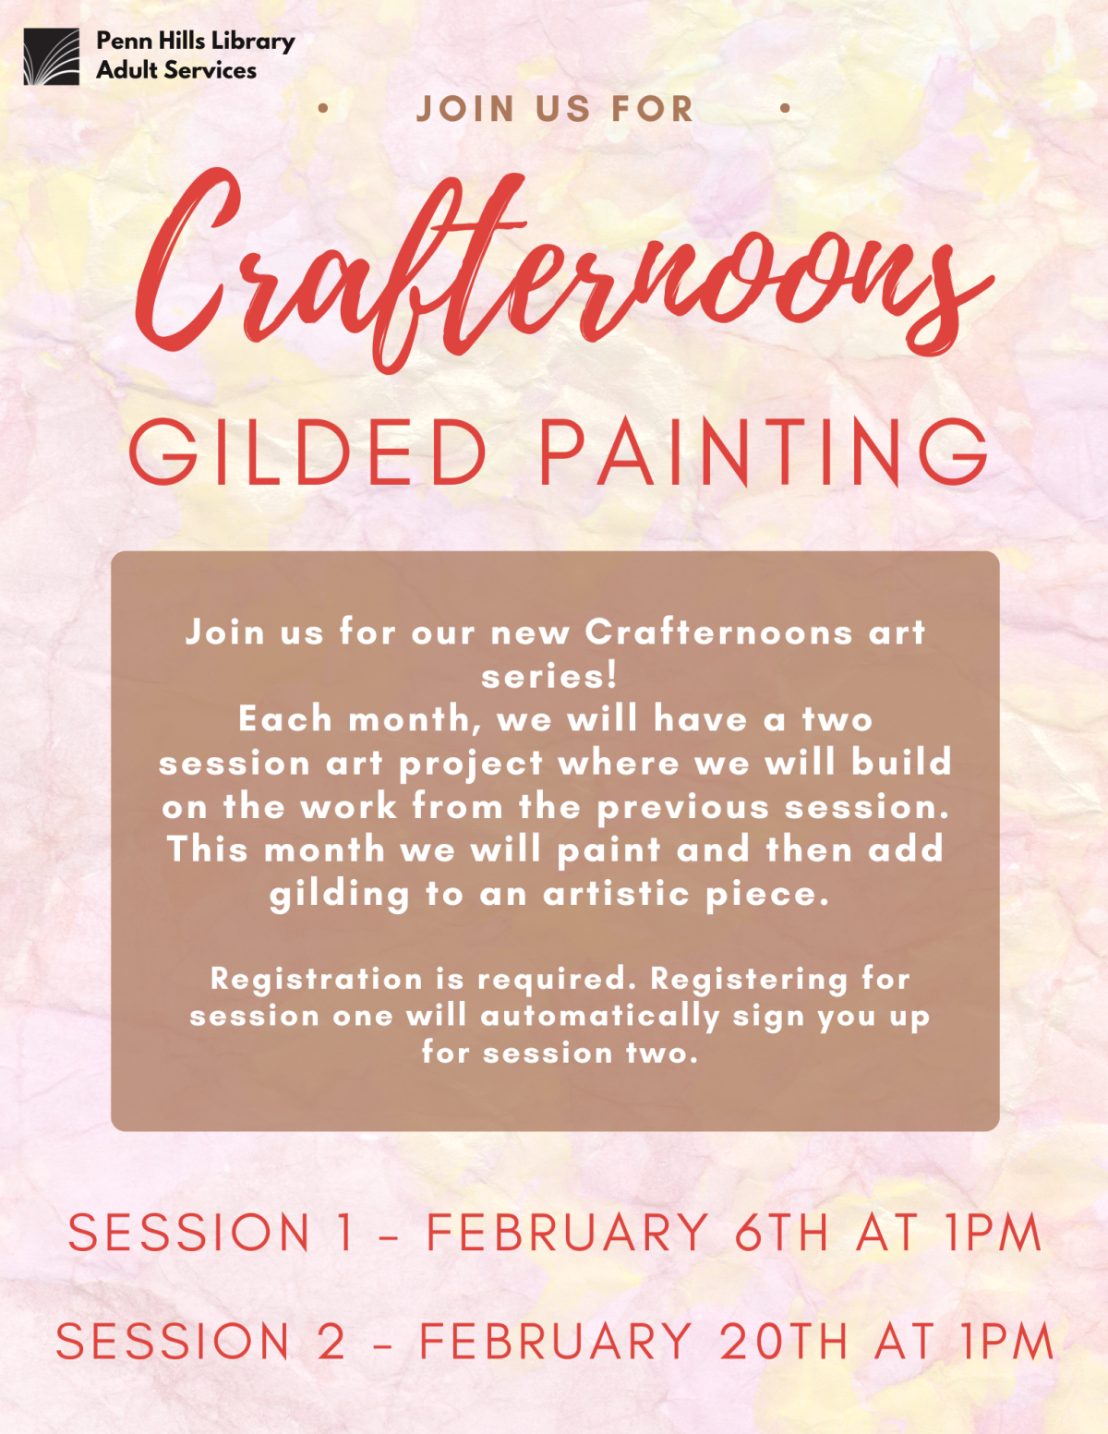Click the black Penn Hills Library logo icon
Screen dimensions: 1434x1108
(x=52, y=56)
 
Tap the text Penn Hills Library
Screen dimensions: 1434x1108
(x=195, y=41)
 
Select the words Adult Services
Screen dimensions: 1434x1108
(x=176, y=70)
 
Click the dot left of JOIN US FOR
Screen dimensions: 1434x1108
(x=322, y=109)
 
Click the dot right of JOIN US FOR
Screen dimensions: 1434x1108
(x=785, y=109)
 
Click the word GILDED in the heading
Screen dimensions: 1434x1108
(x=307, y=452)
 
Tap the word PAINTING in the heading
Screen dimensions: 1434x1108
(x=763, y=452)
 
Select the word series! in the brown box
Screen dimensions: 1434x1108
(x=549, y=676)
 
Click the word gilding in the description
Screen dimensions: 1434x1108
(x=339, y=894)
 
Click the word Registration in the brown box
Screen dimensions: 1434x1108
(x=317, y=979)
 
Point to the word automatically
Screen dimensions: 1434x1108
(x=600, y=1016)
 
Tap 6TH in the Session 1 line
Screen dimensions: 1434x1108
(x=782, y=1233)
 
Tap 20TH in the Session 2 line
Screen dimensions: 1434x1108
(x=783, y=1341)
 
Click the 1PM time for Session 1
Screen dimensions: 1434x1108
(x=994, y=1233)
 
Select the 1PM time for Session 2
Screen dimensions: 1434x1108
(x=1007, y=1341)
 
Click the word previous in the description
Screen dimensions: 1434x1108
(x=682, y=807)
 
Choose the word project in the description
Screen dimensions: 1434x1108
(x=471, y=764)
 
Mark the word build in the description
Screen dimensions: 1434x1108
(x=901, y=762)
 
